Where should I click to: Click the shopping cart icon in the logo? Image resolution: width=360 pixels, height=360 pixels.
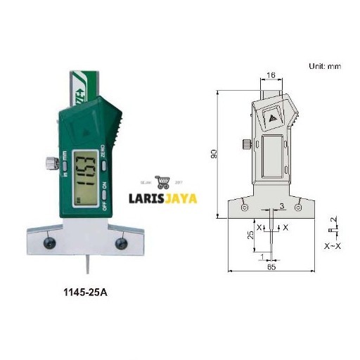(164, 182)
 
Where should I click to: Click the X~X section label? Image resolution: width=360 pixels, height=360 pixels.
(332, 246)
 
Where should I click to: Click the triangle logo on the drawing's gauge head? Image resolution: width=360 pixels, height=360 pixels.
(273, 118)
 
